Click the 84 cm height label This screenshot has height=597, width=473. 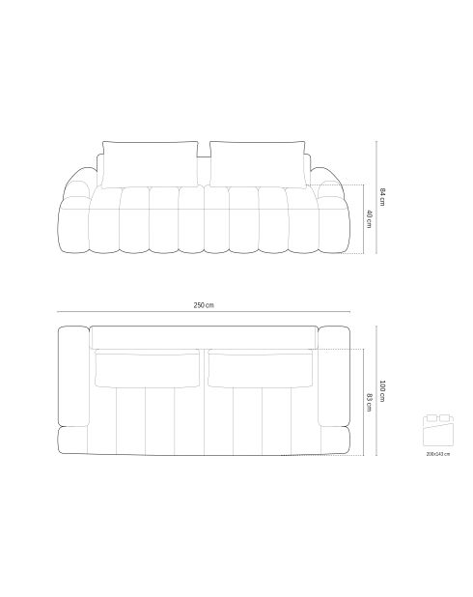click(x=382, y=198)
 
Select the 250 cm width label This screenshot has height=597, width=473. click(x=204, y=305)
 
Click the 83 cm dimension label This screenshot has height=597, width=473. click(x=369, y=401)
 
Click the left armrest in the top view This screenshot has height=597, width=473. click(x=73, y=377)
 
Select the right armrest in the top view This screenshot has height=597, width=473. click(x=333, y=377)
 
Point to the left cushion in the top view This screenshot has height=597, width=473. click(x=147, y=369)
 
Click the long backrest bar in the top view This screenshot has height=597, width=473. click(x=204, y=337)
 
